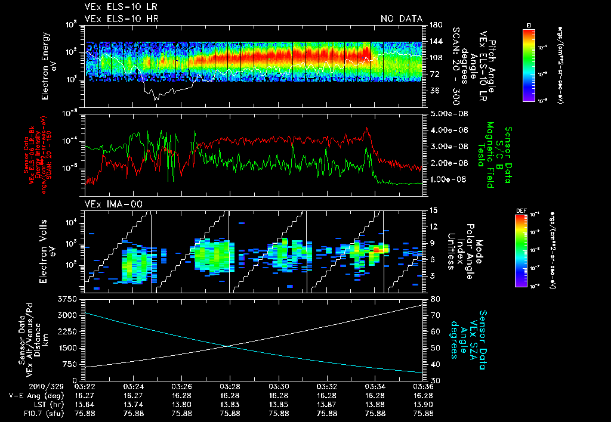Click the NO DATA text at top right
pyautogui.click(x=401, y=19)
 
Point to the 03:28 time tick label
pyautogui.click(x=230, y=386)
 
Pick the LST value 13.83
pyautogui.click(x=230, y=404)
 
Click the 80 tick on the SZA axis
pyautogui.click(x=436, y=298)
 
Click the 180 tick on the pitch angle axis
pyautogui.click(x=435, y=25)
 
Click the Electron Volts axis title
pyautogui.click(x=47, y=250)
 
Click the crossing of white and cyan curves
pyautogui.click(x=229, y=346)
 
